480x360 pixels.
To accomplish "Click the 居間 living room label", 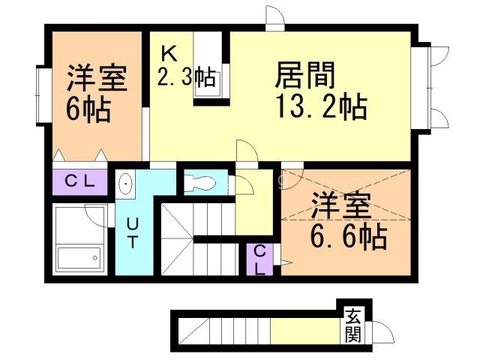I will pyautogui.click(x=305, y=76).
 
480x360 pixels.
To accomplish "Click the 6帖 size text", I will pyautogui.click(x=88, y=110).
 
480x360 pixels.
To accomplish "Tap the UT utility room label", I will pyautogui.click(x=132, y=232).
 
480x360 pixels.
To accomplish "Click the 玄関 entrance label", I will pyautogui.click(x=352, y=326).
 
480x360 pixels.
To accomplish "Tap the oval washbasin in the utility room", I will pyautogui.click(x=125, y=184).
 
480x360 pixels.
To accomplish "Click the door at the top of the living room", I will pyautogui.click(x=274, y=17).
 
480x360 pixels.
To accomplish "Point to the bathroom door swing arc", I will pyautogui.click(x=96, y=214).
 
